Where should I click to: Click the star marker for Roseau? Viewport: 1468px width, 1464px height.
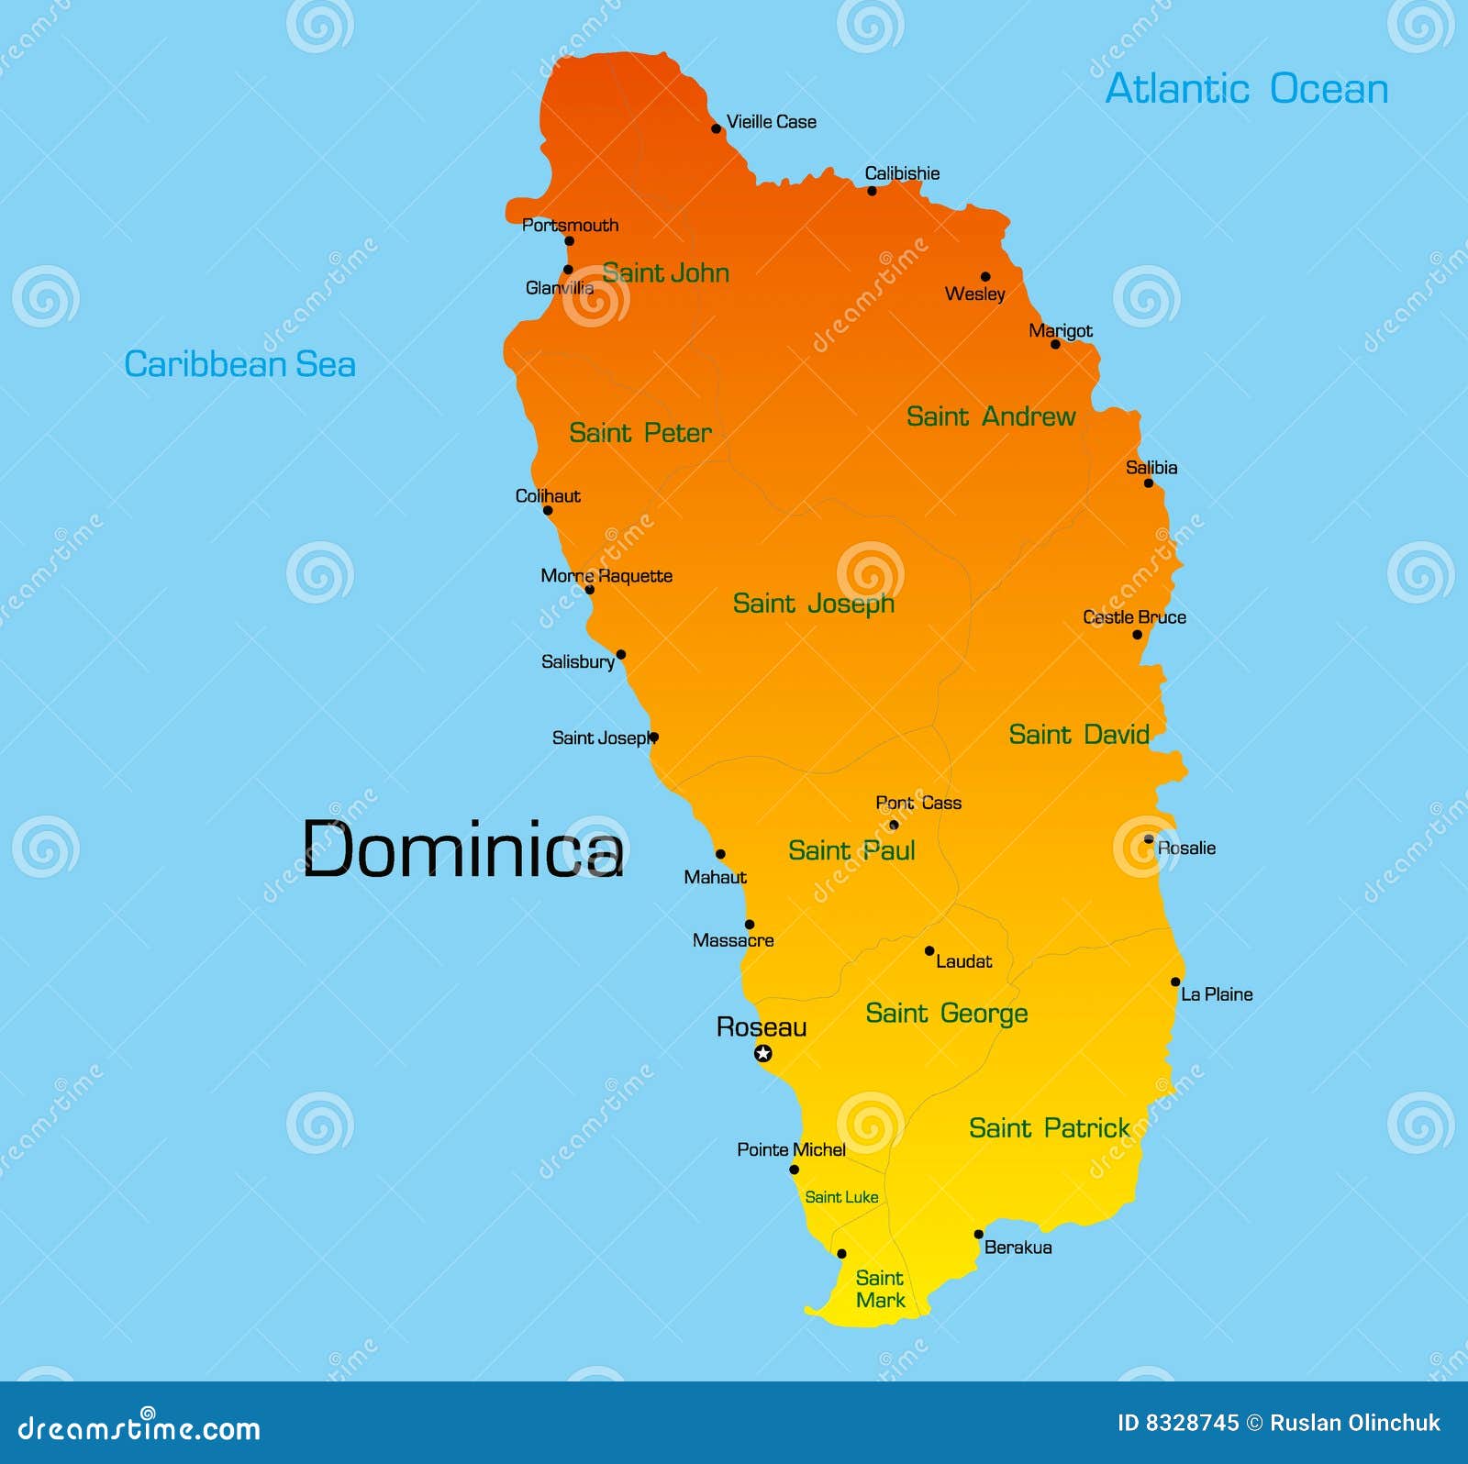762,1054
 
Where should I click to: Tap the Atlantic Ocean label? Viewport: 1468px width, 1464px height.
1246,89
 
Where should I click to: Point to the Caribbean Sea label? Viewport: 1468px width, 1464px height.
239,364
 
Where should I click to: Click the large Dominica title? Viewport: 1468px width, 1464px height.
462,849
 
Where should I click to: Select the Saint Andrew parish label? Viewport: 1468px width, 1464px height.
990,416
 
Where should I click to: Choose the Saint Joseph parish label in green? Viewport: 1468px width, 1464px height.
813,604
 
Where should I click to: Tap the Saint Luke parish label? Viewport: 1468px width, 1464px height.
841,1197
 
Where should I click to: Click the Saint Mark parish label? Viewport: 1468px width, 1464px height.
880,1289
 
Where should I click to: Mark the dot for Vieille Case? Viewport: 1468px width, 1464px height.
717,128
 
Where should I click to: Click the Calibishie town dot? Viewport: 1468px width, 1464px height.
872,191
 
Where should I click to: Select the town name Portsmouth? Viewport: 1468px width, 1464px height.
570,225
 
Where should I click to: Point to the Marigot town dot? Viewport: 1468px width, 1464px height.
1055,344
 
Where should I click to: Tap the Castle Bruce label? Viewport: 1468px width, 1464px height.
1134,617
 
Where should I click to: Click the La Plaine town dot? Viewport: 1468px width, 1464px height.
1175,982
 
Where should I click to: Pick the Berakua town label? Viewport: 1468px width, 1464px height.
1018,1248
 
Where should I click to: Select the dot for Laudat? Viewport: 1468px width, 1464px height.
929,951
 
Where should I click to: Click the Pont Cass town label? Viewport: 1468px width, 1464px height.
918,803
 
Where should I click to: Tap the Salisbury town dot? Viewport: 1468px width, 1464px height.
621,655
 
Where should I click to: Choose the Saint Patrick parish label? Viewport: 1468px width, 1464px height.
1049,1128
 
